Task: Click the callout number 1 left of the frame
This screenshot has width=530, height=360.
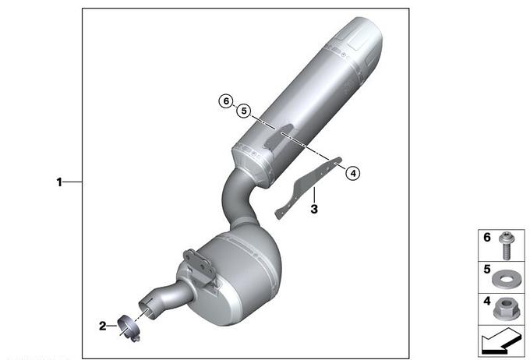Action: pos(59,182)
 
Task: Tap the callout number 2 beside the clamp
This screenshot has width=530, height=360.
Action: pos(102,326)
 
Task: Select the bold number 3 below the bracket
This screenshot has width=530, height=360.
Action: pos(314,210)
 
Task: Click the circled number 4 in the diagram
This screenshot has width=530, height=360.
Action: pos(353,174)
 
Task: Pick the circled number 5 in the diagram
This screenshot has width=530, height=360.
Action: pos(244,111)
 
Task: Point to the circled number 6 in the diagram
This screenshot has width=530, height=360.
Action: pos(226,101)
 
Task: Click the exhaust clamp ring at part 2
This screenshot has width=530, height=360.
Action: pos(128,328)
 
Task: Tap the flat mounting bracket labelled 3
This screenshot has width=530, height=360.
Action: pos(308,187)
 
